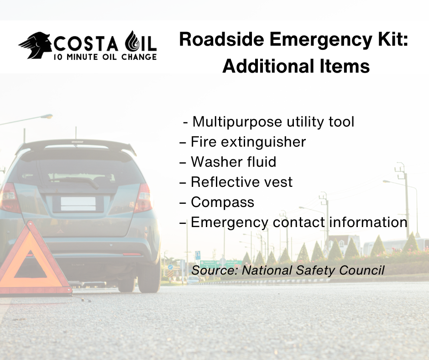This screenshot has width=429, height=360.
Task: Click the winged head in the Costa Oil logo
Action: (x=36, y=45)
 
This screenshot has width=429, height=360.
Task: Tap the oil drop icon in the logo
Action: (x=132, y=42)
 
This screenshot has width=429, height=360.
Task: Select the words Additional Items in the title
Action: (x=296, y=66)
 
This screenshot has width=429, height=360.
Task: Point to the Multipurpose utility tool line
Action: (x=268, y=122)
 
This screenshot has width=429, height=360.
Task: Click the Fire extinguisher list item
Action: (x=242, y=142)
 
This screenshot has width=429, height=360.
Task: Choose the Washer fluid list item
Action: (x=228, y=162)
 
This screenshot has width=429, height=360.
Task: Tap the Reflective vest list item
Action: (x=236, y=182)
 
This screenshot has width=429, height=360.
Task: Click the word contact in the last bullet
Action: (x=299, y=222)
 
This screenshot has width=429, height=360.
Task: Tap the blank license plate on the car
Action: (x=78, y=204)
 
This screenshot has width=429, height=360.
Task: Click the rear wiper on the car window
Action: (x=74, y=181)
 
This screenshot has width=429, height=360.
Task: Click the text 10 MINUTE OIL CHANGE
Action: (x=105, y=57)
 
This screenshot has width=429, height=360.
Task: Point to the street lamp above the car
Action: (x=46, y=116)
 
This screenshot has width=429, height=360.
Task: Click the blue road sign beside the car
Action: (x=198, y=255)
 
